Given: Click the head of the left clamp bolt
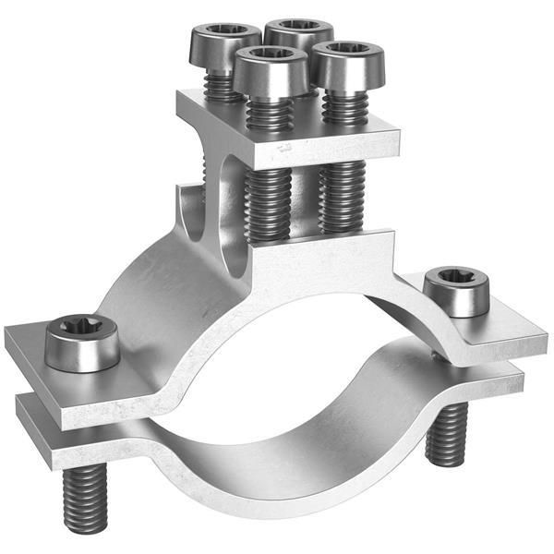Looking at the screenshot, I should pyautogui.click(x=82, y=343).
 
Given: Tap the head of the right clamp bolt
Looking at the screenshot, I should pyautogui.click(x=456, y=291).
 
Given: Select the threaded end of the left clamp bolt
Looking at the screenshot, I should pyautogui.click(x=85, y=500).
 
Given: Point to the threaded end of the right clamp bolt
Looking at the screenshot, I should pyautogui.click(x=447, y=434).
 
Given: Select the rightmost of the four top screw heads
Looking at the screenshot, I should pyautogui.click(x=346, y=63).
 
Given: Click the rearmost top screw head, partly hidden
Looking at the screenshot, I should pyautogui.click(x=297, y=33).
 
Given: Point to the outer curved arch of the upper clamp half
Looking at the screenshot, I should pyautogui.click(x=157, y=295).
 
